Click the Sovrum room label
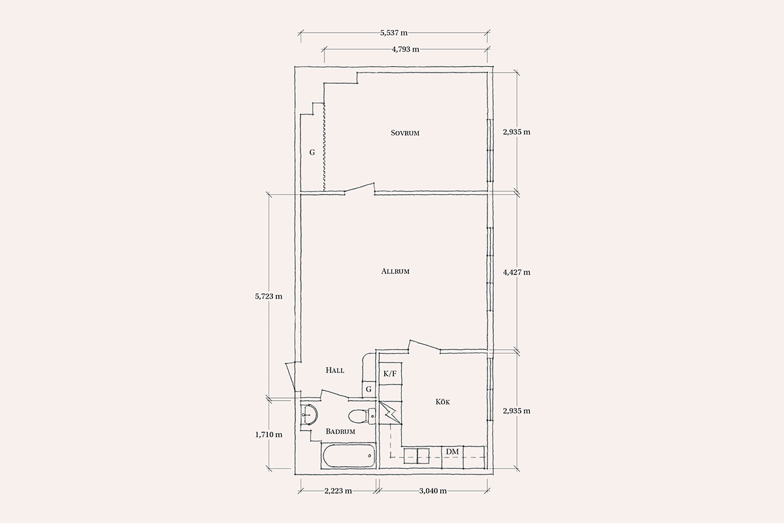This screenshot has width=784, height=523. [x=405, y=133]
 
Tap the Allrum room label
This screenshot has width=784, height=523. [x=395, y=271]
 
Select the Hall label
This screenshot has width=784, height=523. [x=335, y=370]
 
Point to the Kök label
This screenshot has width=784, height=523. [x=443, y=402]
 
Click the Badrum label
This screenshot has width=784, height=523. [x=340, y=431]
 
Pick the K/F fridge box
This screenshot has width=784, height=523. [x=391, y=374]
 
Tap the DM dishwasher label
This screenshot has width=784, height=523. [x=452, y=452]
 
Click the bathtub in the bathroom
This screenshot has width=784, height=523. [x=349, y=456]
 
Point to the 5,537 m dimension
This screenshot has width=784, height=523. [x=394, y=33]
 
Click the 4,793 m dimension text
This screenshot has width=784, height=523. [x=405, y=50]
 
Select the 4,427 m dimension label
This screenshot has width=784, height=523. [x=517, y=272]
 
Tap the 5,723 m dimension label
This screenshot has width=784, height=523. [x=269, y=296]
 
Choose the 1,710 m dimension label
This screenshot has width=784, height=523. [x=269, y=435]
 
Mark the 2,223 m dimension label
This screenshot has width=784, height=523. [x=338, y=491]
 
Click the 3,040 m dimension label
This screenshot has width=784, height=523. [x=433, y=491]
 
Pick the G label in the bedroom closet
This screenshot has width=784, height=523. [x=312, y=152]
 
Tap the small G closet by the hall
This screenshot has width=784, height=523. [x=368, y=389]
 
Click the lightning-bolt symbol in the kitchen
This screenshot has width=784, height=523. [x=390, y=413]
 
